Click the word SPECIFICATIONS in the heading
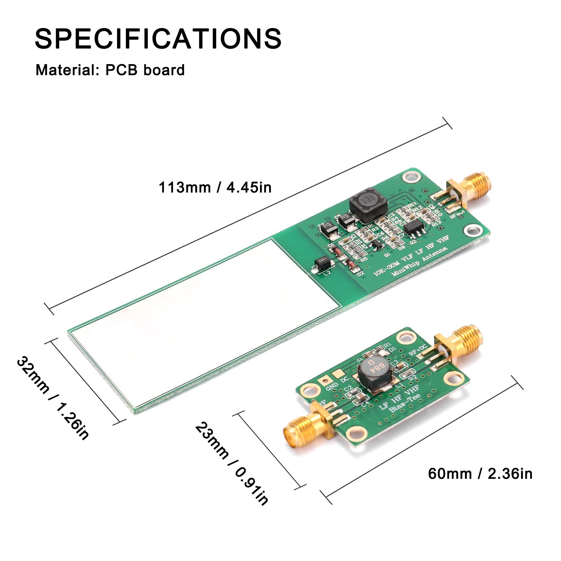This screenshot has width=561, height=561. pyautogui.click(x=158, y=38)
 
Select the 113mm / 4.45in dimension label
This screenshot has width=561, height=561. pyautogui.click(x=215, y=187)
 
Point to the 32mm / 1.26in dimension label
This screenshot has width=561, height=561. pyautogui.click(x=53, y=398)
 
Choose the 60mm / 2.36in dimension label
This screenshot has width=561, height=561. pyautogui.click(x=480, y=474)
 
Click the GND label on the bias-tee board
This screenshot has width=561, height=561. pyautogui.click(x=331, y=386)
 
